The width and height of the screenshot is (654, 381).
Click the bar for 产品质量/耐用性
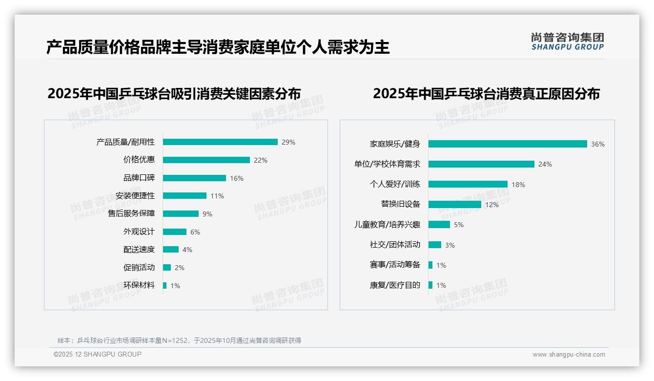[x=220, y=142]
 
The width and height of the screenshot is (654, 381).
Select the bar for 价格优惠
[x=206, y=160]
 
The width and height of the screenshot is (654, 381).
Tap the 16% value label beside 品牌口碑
[x=237, y=178]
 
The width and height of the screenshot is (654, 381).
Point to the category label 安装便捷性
[x=135, y=196]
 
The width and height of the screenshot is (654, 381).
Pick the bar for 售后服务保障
[x=181, y=214]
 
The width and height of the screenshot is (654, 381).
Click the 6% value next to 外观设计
[x=195, y=232]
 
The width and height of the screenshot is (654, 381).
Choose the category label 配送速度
[x=139, y=250]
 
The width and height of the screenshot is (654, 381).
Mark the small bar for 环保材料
[x=165, y=285]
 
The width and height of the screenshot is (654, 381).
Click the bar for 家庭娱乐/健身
[x=508, y=144]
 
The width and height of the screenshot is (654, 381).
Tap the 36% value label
[x=598, y=145]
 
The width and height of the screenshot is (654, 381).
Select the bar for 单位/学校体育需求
[x=481, y=164]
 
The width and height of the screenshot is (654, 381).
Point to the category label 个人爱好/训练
[x=395, y=185]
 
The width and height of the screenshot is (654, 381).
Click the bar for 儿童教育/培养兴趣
[x=439, y=225]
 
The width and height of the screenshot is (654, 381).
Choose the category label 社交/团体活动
[x=395, y=245]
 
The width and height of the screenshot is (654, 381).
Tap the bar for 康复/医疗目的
[x=430, y=285]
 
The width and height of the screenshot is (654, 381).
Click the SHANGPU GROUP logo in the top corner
[x=567, y=42]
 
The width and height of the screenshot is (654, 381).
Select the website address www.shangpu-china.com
[x=569, y=355]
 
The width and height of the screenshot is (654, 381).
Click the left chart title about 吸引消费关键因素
[x=174, y=93]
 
